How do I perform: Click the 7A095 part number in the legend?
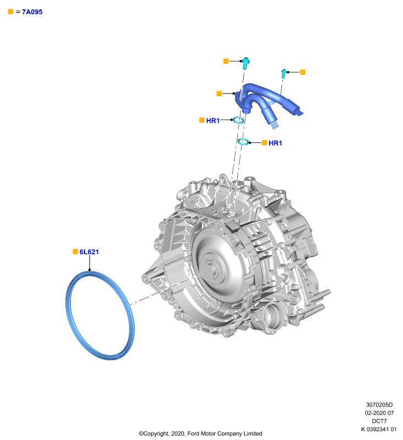pyautogui.click(x=32, y=12)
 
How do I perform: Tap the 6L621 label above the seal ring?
pyautogui.click(x=89, y=252)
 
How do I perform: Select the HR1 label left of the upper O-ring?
pyautogui.click(x=213, y=120)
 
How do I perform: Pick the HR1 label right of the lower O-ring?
pyautogui.click(x=275, y=143)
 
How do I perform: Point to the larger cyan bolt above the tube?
pyautogui.click(x=245, y=63)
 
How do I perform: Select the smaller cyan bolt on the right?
pyautogui.click(x=283, y=73)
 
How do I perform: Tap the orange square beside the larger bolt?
pyautogui.click(x=226, y=61)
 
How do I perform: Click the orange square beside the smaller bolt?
pyautogui.click(x=303, y=72)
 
